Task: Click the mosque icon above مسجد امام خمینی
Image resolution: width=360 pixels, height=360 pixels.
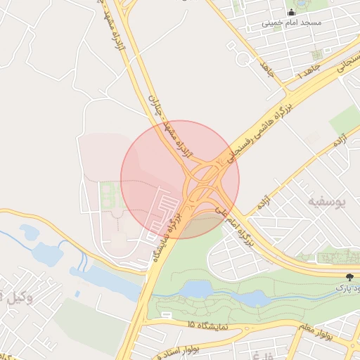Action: click(292, 12)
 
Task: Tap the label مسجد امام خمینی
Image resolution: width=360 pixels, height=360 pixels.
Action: click(292, 23)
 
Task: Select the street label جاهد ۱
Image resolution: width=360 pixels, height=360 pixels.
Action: click(308, 70)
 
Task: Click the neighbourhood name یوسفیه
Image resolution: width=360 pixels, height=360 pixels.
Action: click(327, 202)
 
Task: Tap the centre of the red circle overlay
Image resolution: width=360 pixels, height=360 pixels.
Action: click(180, 179)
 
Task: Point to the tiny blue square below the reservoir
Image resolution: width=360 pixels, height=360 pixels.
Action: click(77, 294)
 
